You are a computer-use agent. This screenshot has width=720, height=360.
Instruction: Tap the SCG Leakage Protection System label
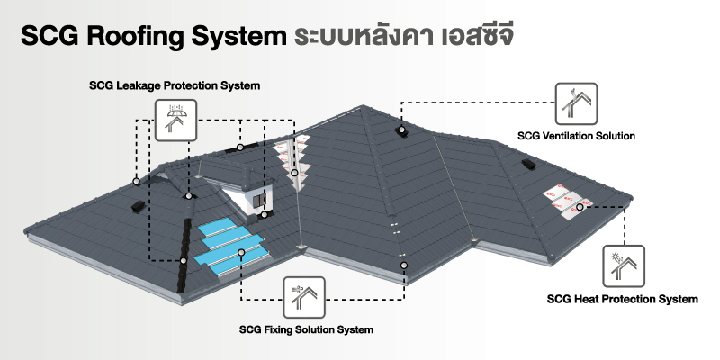[175, 86]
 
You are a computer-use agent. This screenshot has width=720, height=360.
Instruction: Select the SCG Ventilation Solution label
[577, 136]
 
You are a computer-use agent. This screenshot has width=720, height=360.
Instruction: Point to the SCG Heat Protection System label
[623, 299]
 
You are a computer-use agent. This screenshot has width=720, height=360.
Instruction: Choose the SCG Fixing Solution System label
[307, 329]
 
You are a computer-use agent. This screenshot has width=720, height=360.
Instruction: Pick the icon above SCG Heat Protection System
[623, 264]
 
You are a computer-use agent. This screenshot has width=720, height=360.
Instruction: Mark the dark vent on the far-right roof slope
[527, 166]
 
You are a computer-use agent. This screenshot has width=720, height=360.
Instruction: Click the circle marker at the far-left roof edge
[136, 181]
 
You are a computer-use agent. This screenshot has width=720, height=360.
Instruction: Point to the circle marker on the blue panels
[240, 253]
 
